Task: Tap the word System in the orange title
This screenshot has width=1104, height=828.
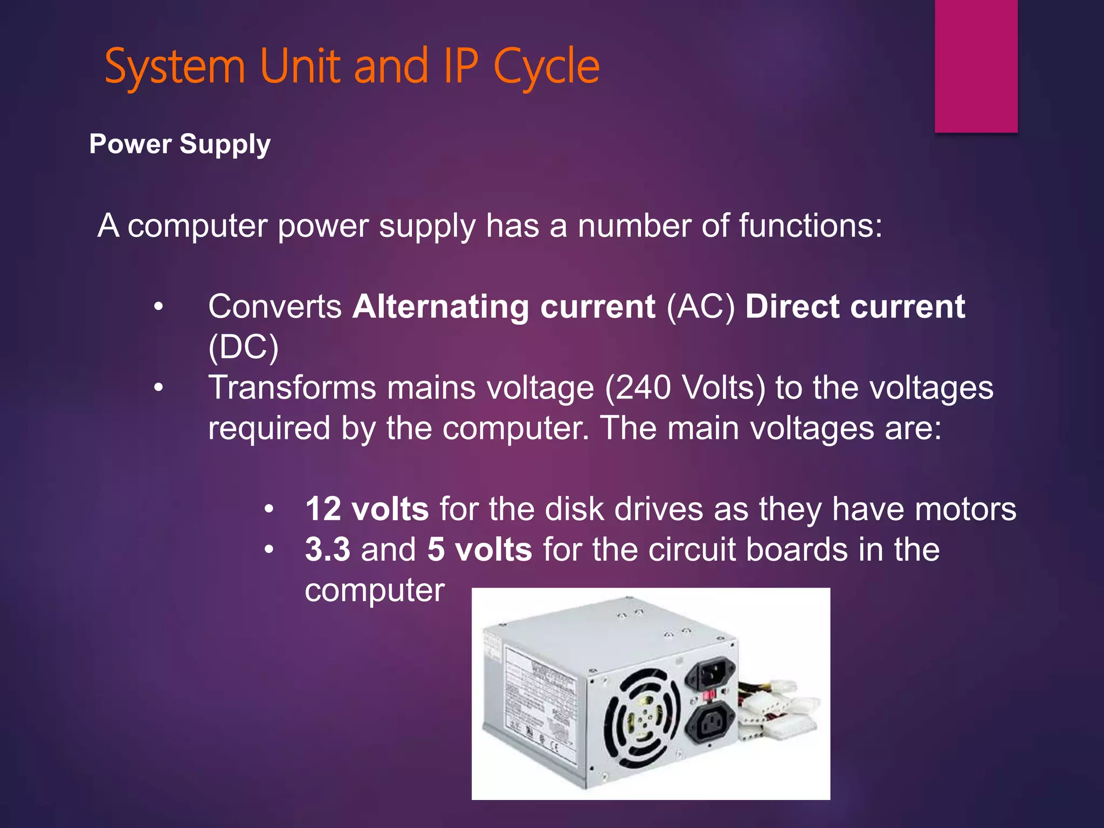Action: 175,67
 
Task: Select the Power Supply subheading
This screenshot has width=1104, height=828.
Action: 180,144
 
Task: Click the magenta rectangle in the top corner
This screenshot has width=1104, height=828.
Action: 976,66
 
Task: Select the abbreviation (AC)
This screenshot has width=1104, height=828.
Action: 701,307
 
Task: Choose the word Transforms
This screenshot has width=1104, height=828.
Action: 292,388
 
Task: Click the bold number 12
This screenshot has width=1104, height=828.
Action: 323,509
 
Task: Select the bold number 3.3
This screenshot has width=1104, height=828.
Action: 327,549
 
